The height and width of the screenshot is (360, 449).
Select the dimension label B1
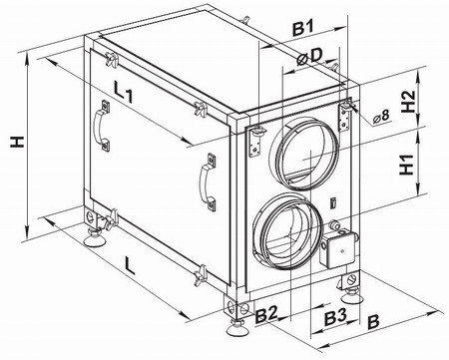[303, 29]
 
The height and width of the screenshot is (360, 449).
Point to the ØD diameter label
[309, 57]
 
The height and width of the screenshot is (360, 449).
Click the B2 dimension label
[266, 315]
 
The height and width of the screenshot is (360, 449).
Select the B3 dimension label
[335, 317]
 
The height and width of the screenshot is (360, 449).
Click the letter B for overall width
[374, 322]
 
